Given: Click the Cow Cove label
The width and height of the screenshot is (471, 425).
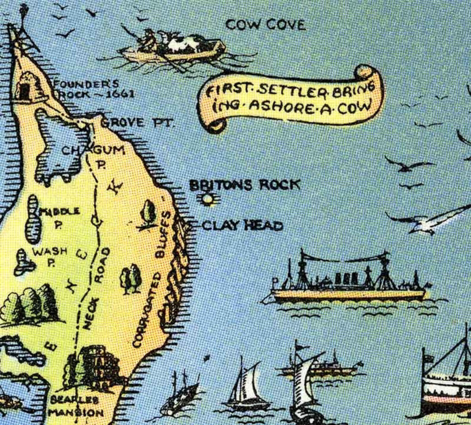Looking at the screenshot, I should coord(265,25).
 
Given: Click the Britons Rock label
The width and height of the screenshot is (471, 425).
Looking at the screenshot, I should coord(245,185).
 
